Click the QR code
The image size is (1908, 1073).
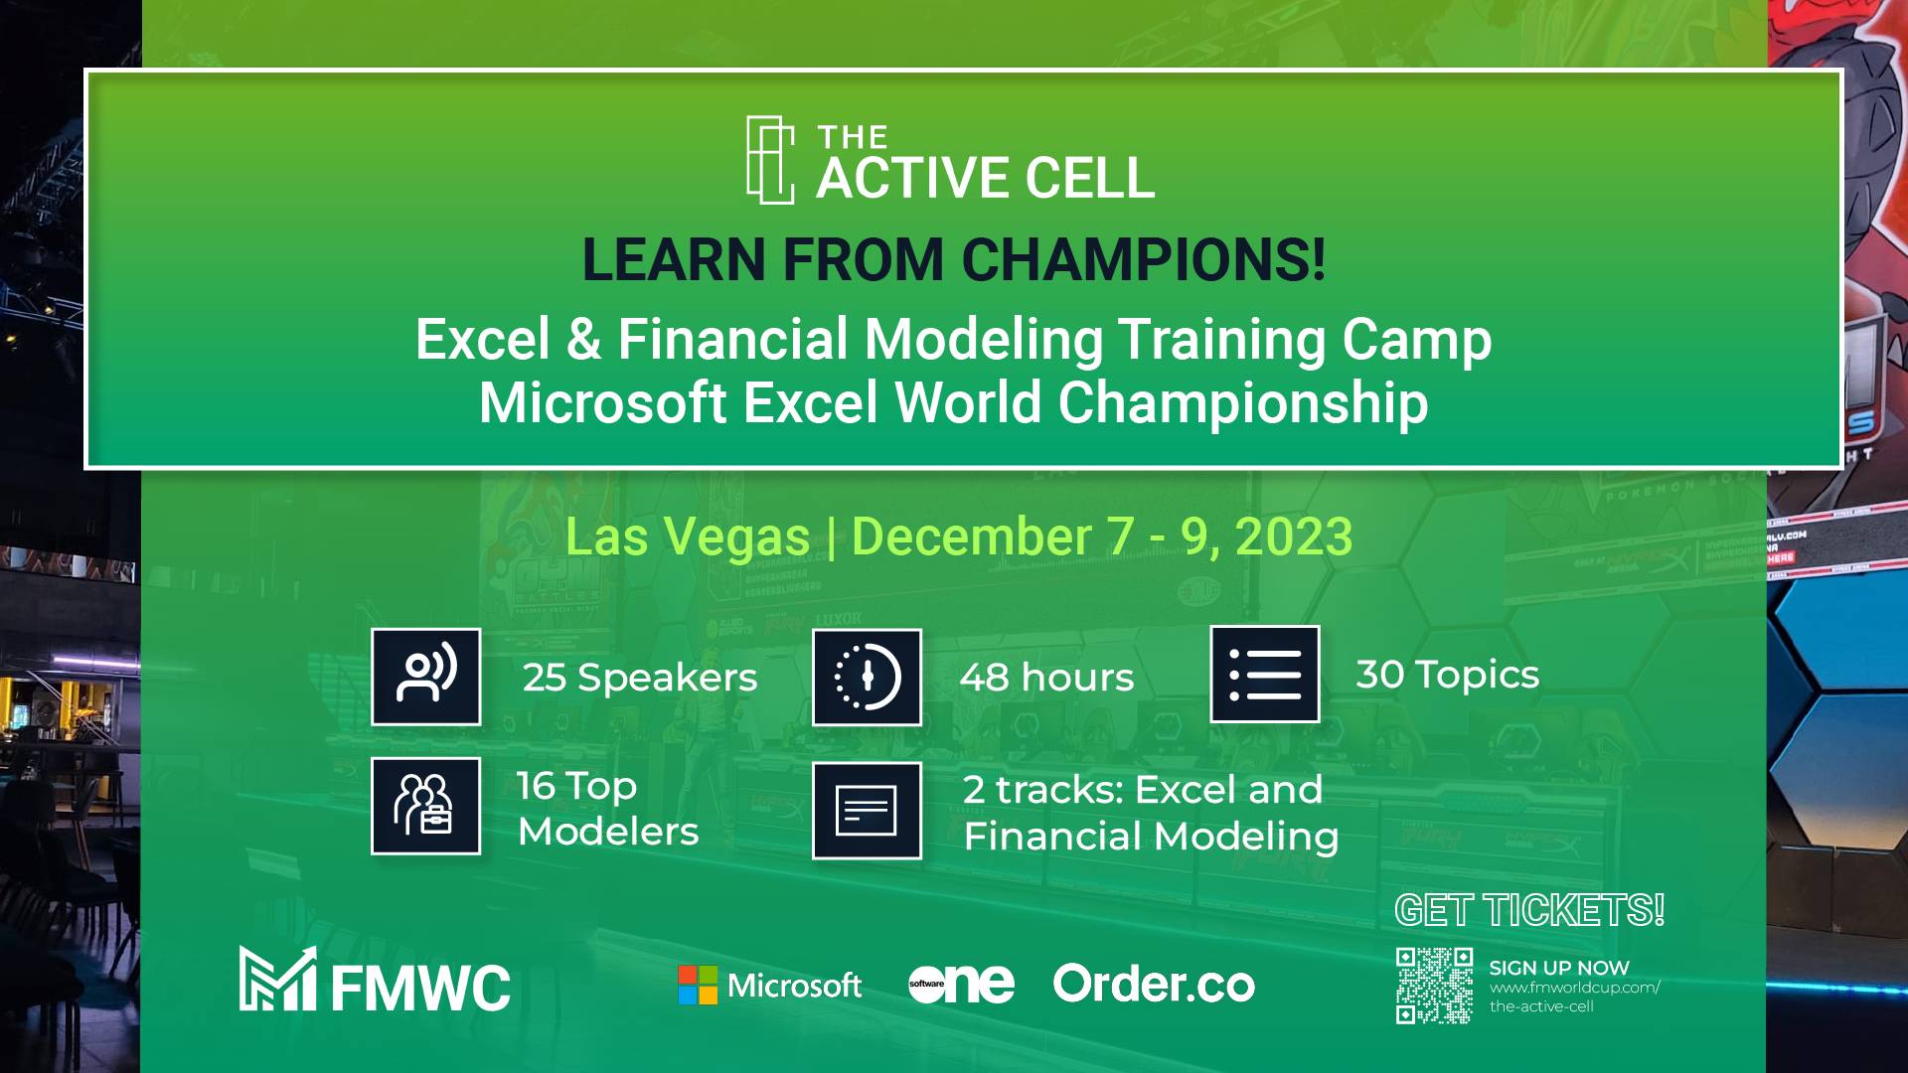1434,986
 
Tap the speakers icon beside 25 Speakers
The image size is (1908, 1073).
426,677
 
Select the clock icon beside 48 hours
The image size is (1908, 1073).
867,678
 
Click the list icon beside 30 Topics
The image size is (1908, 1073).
1265,675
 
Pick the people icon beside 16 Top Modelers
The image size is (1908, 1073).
426,806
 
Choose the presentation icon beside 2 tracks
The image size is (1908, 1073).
867,810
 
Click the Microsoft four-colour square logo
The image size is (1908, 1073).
698,985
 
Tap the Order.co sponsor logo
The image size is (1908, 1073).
1154,984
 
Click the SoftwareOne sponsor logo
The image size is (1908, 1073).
961,984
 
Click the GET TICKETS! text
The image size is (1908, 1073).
1529,910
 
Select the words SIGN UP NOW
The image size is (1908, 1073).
1559,968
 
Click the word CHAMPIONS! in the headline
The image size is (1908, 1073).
1144,259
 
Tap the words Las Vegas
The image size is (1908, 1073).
688,537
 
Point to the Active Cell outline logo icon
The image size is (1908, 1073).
770,160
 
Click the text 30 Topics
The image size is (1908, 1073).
1448,675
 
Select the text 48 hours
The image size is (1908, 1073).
1046,678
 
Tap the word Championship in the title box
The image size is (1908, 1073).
1243,403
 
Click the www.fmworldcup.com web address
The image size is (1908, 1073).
1575,988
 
